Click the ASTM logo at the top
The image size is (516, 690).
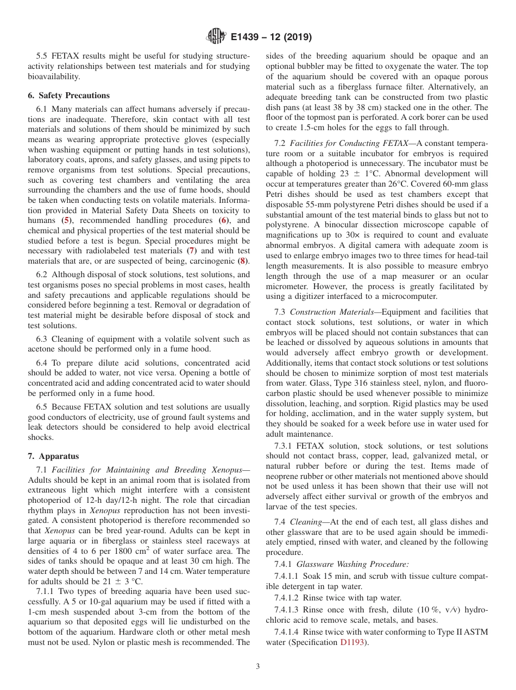(x=216, y=37)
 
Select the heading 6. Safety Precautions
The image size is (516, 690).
(x=68, y=95)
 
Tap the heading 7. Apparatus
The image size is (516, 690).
(x=53, y=456)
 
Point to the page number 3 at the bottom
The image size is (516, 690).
(x=258, y=666)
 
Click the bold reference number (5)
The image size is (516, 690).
(x=66, y=221)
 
